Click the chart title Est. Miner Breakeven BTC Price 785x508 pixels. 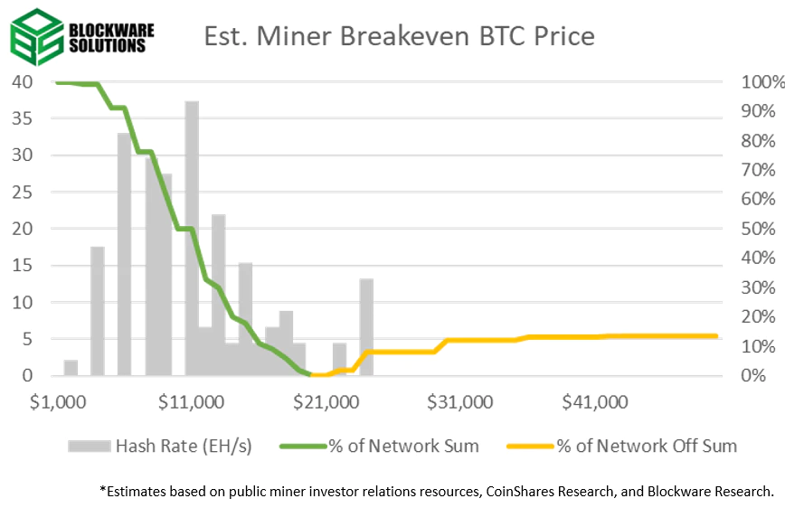click(399, 36)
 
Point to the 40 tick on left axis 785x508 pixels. click(22, 81)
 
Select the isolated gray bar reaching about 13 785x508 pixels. click(366, 326)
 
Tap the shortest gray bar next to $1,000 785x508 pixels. click(71, 367)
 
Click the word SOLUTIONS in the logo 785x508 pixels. click(107, 44)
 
